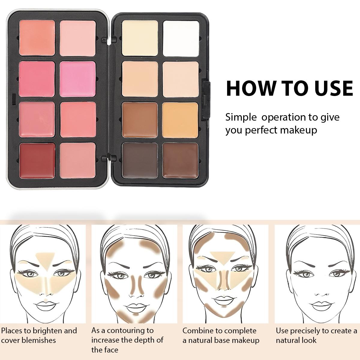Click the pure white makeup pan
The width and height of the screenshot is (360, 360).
181,38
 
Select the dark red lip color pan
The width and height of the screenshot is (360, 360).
37,160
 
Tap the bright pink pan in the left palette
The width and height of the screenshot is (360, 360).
78,79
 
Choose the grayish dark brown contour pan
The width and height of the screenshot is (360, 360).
140,160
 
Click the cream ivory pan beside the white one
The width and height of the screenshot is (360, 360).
140,38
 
